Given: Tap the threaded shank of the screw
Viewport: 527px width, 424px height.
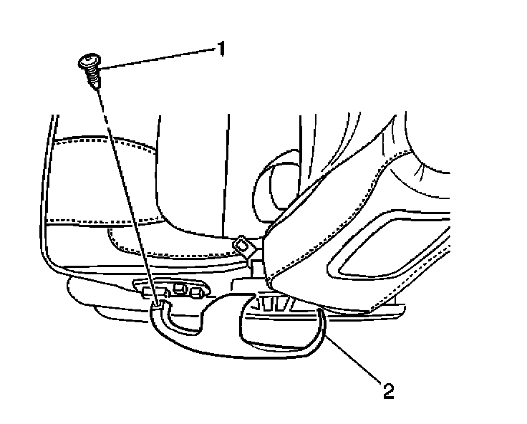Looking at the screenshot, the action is point(92,74).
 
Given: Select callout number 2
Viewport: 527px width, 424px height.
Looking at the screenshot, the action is point(387,391).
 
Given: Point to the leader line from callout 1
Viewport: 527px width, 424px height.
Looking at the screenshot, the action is point(158,57).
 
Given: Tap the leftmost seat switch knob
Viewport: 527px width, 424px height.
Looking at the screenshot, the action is point(159,292).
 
